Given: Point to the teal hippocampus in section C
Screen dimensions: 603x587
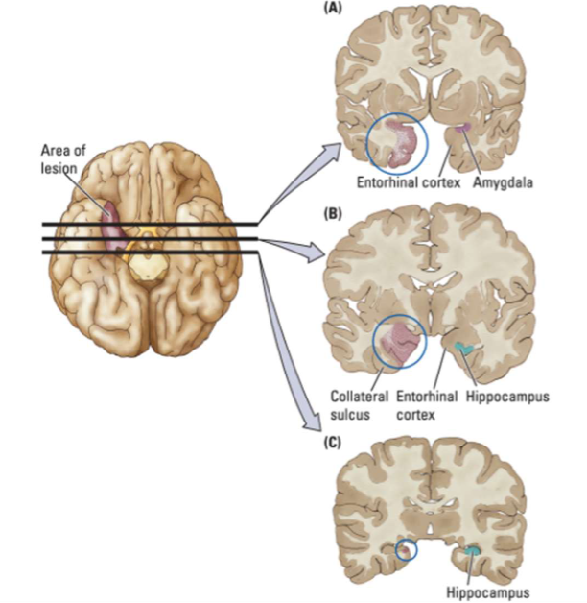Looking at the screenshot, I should coord(473,551).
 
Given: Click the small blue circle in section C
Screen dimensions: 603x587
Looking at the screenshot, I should coord(406,550).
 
